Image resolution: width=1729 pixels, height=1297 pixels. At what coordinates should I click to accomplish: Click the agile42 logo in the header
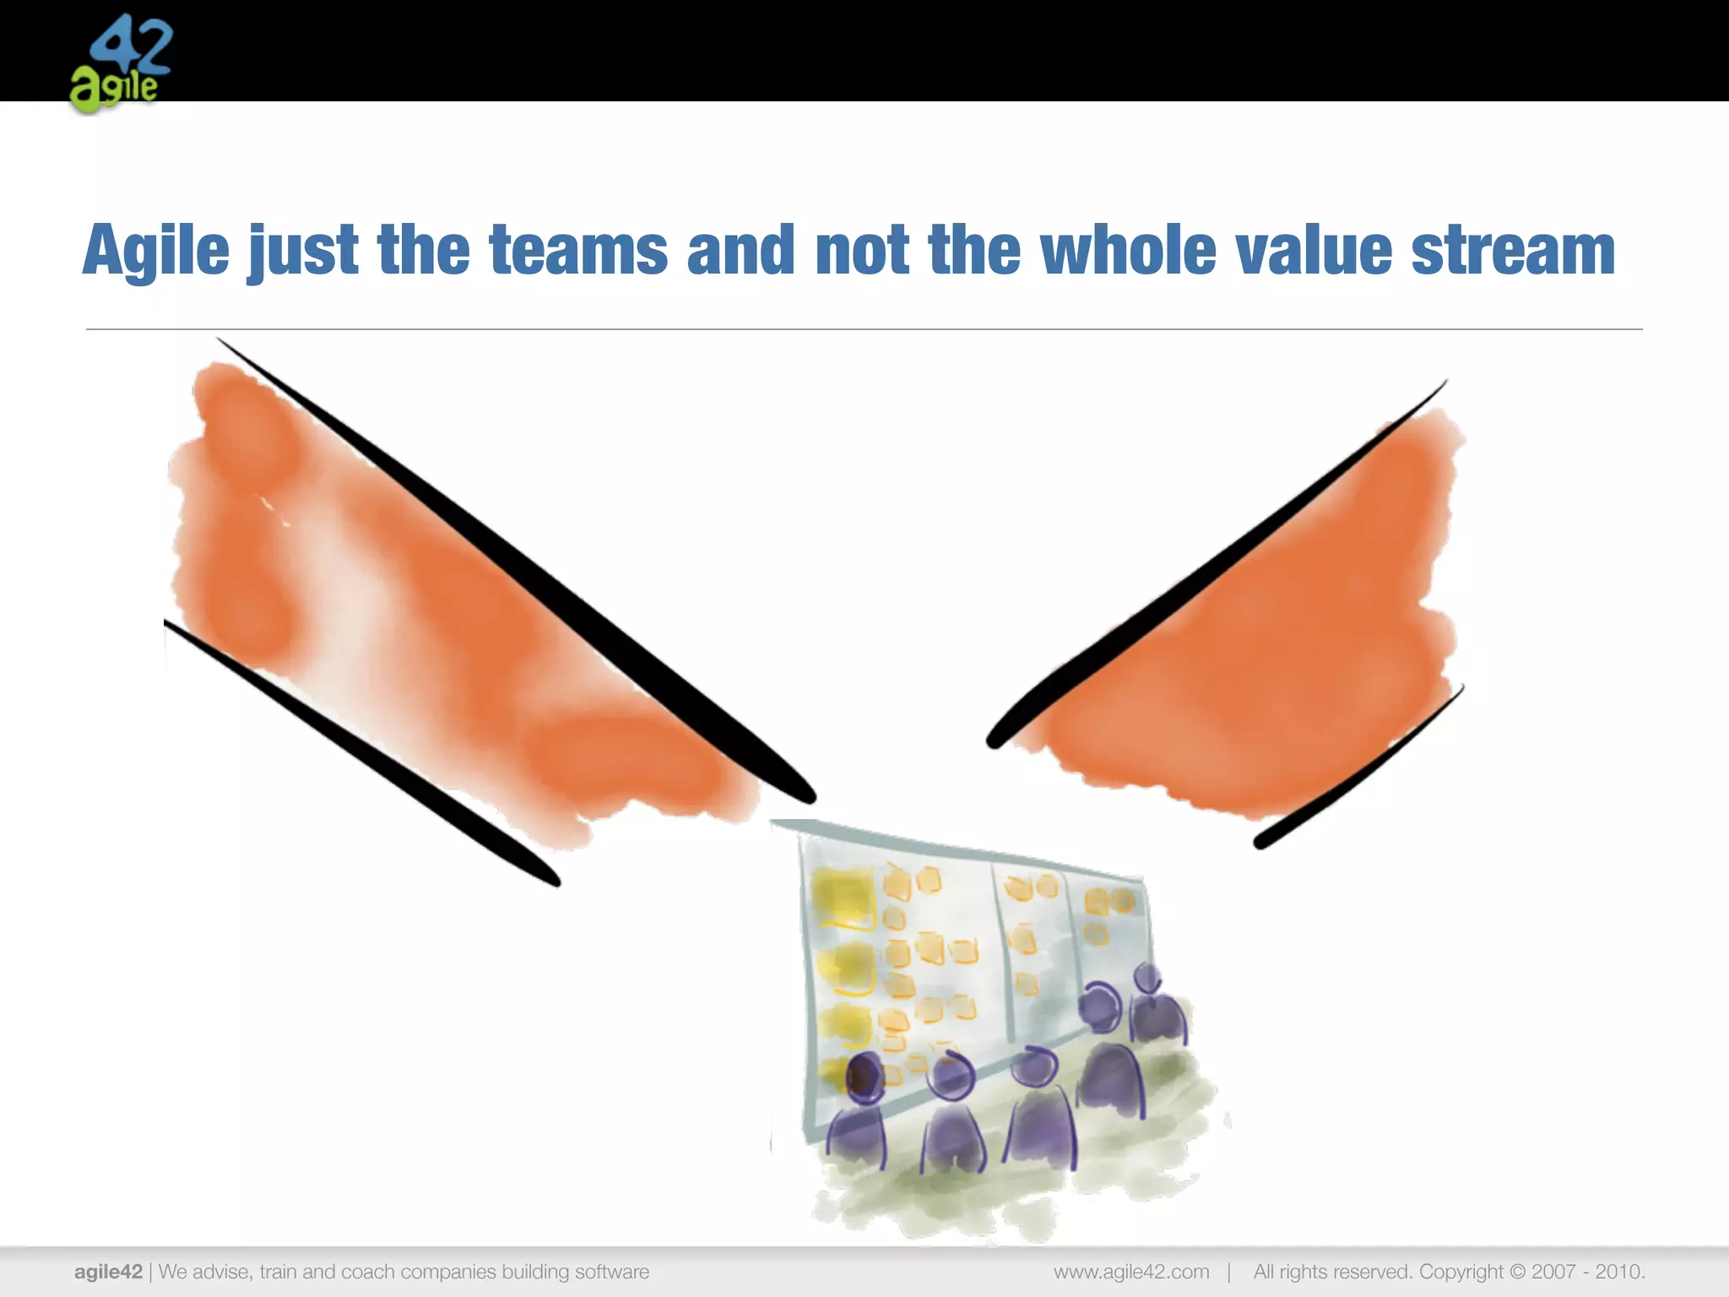click(x=121, y=63)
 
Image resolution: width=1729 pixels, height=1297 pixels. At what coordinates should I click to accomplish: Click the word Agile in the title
click(x=156, y=250)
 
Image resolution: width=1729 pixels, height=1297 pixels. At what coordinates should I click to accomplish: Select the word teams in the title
click(x=578, y=250)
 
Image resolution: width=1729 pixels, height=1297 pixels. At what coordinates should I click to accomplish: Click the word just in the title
click(x=302, y=252)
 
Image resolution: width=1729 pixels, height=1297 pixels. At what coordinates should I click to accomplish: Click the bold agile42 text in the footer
click(x=108, y=1272)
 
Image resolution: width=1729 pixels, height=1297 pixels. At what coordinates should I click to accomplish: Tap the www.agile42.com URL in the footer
click(x=1131, y=1272)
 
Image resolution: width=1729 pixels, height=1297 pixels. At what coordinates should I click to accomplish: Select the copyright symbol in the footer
click(x=1517, y=1272)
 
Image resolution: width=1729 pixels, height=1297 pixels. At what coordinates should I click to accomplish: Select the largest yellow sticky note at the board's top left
click(x=842, y=897)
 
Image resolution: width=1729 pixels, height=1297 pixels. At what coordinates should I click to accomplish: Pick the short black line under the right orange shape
click(x=1359, y=768)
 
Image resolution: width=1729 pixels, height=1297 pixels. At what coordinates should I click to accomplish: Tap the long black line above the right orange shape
click(x=1216, y=566)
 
